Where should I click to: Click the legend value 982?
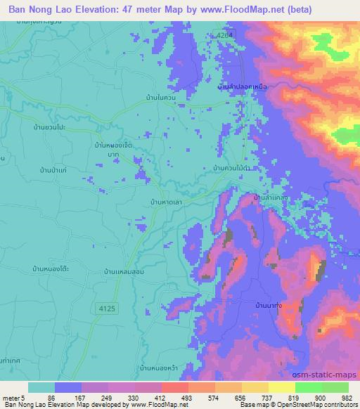pos(348,398)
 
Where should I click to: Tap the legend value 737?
pos(262,398)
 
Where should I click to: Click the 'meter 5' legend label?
pos(13,398)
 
